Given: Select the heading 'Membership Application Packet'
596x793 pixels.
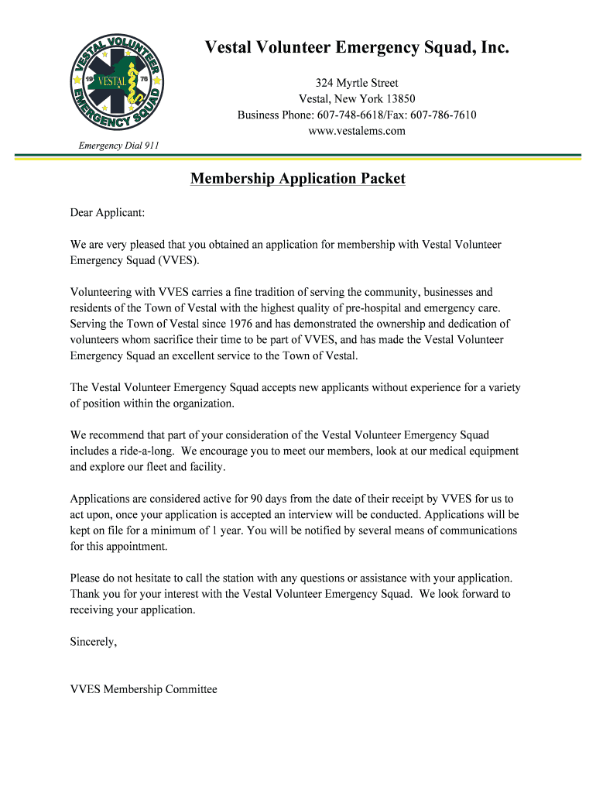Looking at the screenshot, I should coord(298,179).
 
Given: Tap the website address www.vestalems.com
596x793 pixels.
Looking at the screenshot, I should coord(357,131).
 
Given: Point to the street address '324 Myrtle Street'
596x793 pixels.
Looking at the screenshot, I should coord(357,83).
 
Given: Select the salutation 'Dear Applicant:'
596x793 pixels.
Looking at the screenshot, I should coord(108,211).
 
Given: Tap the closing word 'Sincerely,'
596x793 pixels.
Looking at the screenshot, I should coord(94,641).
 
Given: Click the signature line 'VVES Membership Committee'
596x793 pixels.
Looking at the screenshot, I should coord(144,689).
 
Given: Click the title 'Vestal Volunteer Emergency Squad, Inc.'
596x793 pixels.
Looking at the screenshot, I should coord(357,50).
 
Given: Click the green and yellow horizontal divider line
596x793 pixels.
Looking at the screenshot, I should coord(298,156).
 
